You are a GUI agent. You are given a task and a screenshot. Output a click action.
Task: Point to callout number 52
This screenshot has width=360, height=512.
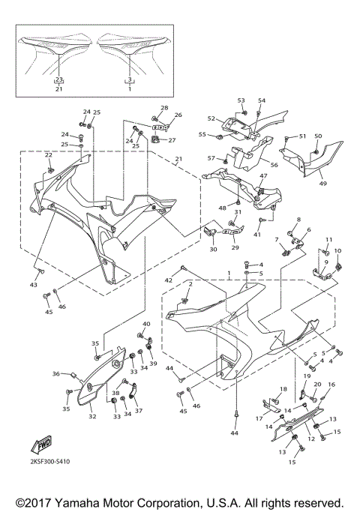[x=211, y=118]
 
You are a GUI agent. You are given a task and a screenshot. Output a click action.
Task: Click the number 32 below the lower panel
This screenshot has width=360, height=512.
[x=92, y=416]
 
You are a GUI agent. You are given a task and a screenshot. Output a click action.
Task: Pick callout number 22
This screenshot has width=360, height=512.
[x=48, y=155]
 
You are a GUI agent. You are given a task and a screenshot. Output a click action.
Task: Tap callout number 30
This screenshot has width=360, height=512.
[x=213, y=250]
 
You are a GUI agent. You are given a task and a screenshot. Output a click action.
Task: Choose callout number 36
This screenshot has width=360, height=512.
[x=55, y=373]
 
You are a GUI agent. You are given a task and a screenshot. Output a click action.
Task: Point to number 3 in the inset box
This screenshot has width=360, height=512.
[x=129, y=78]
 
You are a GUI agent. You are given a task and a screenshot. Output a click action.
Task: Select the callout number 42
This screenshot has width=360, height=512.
[x=169, y=280]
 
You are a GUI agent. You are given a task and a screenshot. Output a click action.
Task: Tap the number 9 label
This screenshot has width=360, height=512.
[x=326, y=262]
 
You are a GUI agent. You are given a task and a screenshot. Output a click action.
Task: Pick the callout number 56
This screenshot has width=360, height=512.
[x=274, y=165]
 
